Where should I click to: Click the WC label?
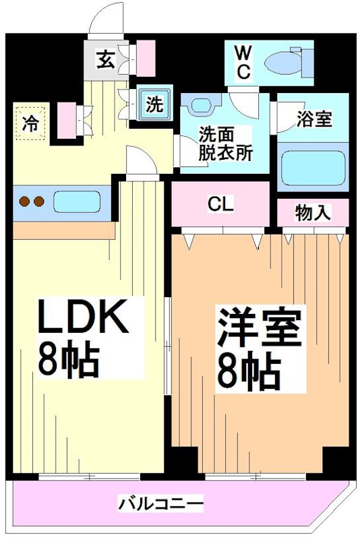[x=243, y=63]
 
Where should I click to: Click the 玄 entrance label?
[x=105, y=60]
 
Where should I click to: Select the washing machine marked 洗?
[x=154, y=104]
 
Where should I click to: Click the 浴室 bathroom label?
[x=314, y=119]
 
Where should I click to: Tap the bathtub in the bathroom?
[x=313, y=168]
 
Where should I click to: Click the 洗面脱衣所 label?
[x=226, y=144]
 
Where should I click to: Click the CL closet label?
[x=220, y=205]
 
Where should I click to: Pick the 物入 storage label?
[x=313, y=213]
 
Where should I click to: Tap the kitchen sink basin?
[x=77, y=201]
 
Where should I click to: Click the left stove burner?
[x=24, y=201]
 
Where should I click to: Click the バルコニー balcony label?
[x=161, y=504]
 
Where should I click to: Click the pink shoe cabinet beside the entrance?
[x=146, y=58]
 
